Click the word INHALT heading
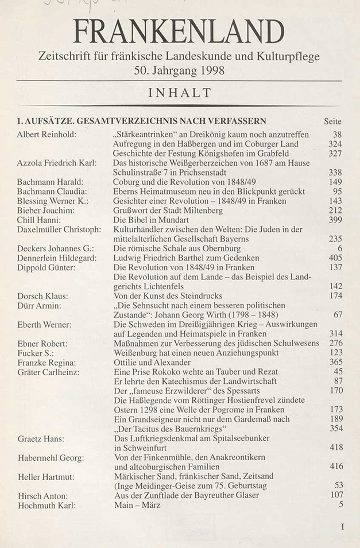coord(179,92)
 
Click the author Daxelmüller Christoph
coord(59,229)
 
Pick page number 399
coord(334,219)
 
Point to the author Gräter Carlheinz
coord(48,371)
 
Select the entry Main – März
coord(137,505)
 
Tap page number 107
coord(334,495)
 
